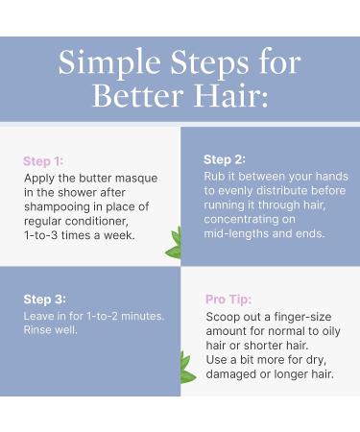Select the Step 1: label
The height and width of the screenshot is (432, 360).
[43, 161]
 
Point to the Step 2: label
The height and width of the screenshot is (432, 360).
[224, 159]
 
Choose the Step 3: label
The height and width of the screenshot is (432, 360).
[44, 300]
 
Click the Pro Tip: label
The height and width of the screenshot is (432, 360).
[228, 300]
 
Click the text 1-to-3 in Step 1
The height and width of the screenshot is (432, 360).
[44, 234]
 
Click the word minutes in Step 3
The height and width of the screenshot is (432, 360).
[140, 316]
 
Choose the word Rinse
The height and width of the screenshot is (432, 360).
[40, 329]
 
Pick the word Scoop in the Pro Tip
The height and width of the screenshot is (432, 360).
[224, 317]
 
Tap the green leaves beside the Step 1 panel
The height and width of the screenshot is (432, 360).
[175, 244]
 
